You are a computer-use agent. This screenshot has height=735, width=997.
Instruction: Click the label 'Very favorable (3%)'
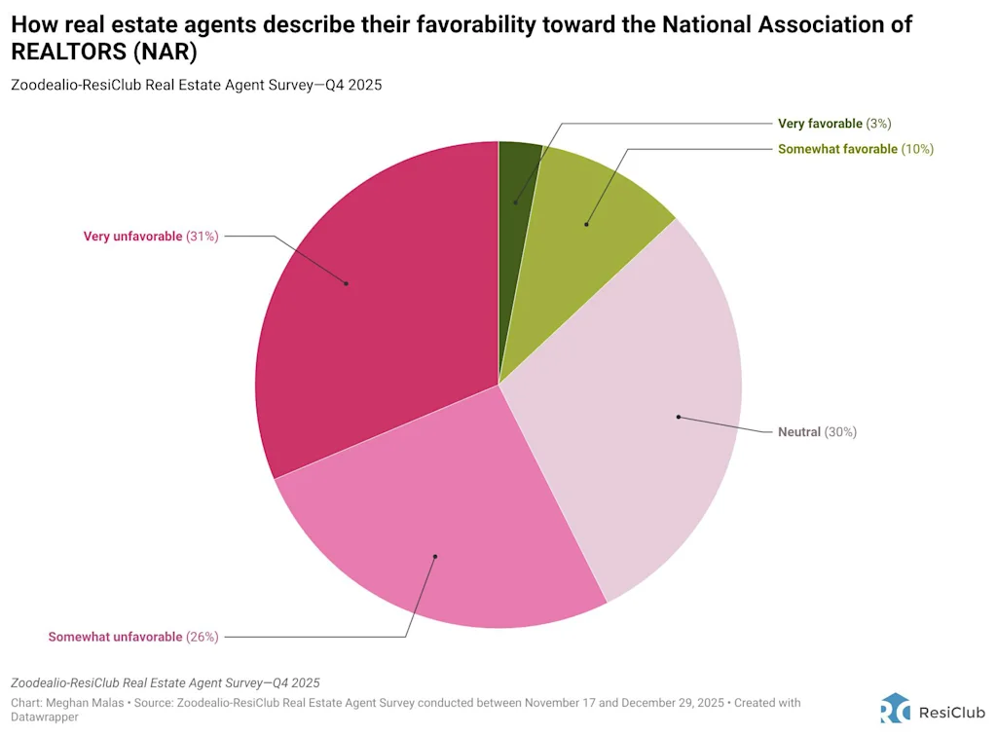coord(834,124)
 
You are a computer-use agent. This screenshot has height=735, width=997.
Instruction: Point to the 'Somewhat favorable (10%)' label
coord(856,149)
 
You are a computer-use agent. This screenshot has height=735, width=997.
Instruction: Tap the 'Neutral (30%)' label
coord(817,431)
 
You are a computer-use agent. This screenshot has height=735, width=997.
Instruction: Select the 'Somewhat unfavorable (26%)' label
coord(133,637)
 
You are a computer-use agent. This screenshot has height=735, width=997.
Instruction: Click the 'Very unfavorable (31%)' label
coord(151,236)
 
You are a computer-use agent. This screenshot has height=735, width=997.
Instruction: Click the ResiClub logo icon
coord(895,708)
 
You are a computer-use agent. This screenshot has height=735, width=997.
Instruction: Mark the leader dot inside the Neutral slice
coord(678,418)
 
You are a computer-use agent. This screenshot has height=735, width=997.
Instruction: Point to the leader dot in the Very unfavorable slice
coord(347,283)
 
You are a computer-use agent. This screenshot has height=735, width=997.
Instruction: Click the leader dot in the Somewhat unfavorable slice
coord(435,557)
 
